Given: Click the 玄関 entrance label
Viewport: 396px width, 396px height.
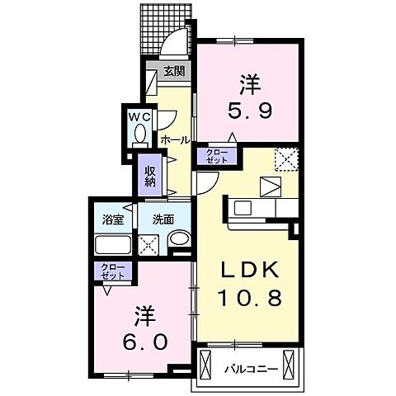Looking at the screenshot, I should coord(173,71).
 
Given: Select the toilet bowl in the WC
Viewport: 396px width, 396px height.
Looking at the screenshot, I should coord(140,132).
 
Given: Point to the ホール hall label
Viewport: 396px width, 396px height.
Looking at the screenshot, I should coord(175,139).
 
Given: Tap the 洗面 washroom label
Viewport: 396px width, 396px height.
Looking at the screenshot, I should coord(161,220).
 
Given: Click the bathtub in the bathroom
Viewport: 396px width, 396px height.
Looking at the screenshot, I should coord(111,245).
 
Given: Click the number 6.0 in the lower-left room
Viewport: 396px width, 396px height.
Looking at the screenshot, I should coord(144,340).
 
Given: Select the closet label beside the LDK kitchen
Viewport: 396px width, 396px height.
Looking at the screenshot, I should coord(215,155).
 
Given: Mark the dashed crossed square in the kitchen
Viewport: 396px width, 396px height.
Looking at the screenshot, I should coord(286,157).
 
